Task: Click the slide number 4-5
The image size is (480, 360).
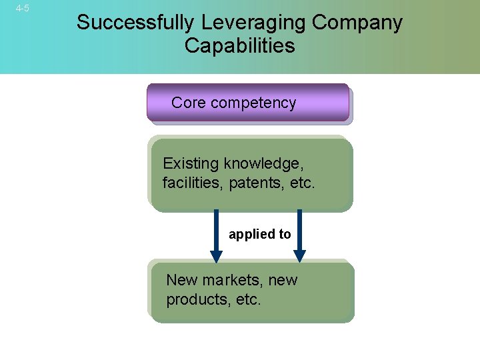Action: (x=22, y=8)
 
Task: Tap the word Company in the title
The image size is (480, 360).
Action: (x=357, y=23)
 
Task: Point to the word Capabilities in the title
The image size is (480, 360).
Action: (x=239, y=46)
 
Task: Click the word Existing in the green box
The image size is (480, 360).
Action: (x=191, y=163)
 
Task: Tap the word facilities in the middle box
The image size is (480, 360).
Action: (x=193, y=183)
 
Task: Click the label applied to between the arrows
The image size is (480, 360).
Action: (x=260, y=234)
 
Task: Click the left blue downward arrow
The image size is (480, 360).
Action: (x=216, y=233)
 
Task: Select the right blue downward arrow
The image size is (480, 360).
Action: (x=299, y=233)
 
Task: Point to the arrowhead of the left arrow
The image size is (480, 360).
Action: (x=216, y=256)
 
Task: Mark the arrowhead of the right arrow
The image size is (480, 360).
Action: (x=299, y=256)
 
